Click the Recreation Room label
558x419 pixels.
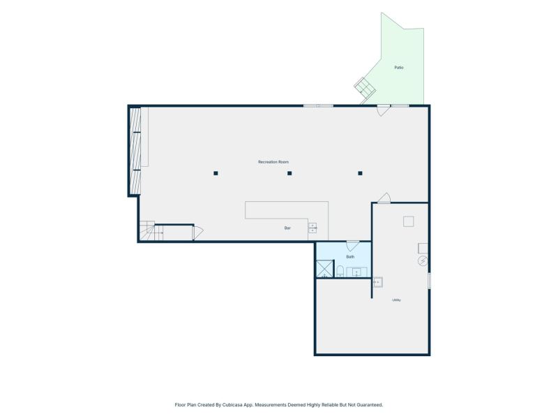click(x=273, y=162)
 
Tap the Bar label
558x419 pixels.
click(x=287, y=228)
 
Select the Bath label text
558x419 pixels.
click(x=351, y=257)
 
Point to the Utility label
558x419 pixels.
click(x=396, y=300)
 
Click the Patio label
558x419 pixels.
click(x=399, y=67)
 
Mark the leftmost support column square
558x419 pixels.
click(x=216, y=173)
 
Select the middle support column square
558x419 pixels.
click(x=289, y=173)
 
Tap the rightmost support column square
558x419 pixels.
click(x=360, y=173)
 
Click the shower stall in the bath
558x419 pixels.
click(x=325, y=269)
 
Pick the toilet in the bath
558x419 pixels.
click(x=340, y=271)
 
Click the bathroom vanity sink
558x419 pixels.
click(x=357, y=272)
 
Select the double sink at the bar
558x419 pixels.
click(x=312, y=228)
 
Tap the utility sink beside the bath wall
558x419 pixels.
click(x=377, y=282)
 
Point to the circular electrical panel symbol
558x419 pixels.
click(x=423, y=260)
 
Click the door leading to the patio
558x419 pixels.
click(x=384, y=110)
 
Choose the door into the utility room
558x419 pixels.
click(x=384, y=198)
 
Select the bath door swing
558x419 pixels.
click(x=352, y=246)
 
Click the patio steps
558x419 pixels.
click(x=365, y=86)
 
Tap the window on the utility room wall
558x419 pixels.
click(x=429, y=281)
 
